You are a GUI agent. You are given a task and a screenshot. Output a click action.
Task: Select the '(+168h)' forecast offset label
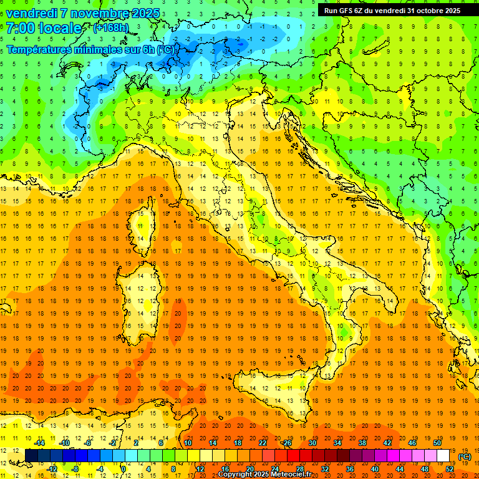tap(110, 28)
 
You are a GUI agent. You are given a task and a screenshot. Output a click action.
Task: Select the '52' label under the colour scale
tap(450, 469)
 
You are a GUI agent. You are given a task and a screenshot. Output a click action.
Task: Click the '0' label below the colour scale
tap(123, 469)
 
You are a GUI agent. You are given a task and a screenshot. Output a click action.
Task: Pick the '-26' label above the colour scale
tap(286, 443)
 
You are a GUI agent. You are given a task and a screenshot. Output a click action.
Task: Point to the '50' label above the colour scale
tap(437, 443)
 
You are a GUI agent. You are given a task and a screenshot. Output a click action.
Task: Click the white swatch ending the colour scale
tap(443, 455)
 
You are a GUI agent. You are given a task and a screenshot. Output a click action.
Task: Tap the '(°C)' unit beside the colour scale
tap(465, 457)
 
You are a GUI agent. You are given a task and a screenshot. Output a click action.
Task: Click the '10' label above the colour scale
tap(187, 443)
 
